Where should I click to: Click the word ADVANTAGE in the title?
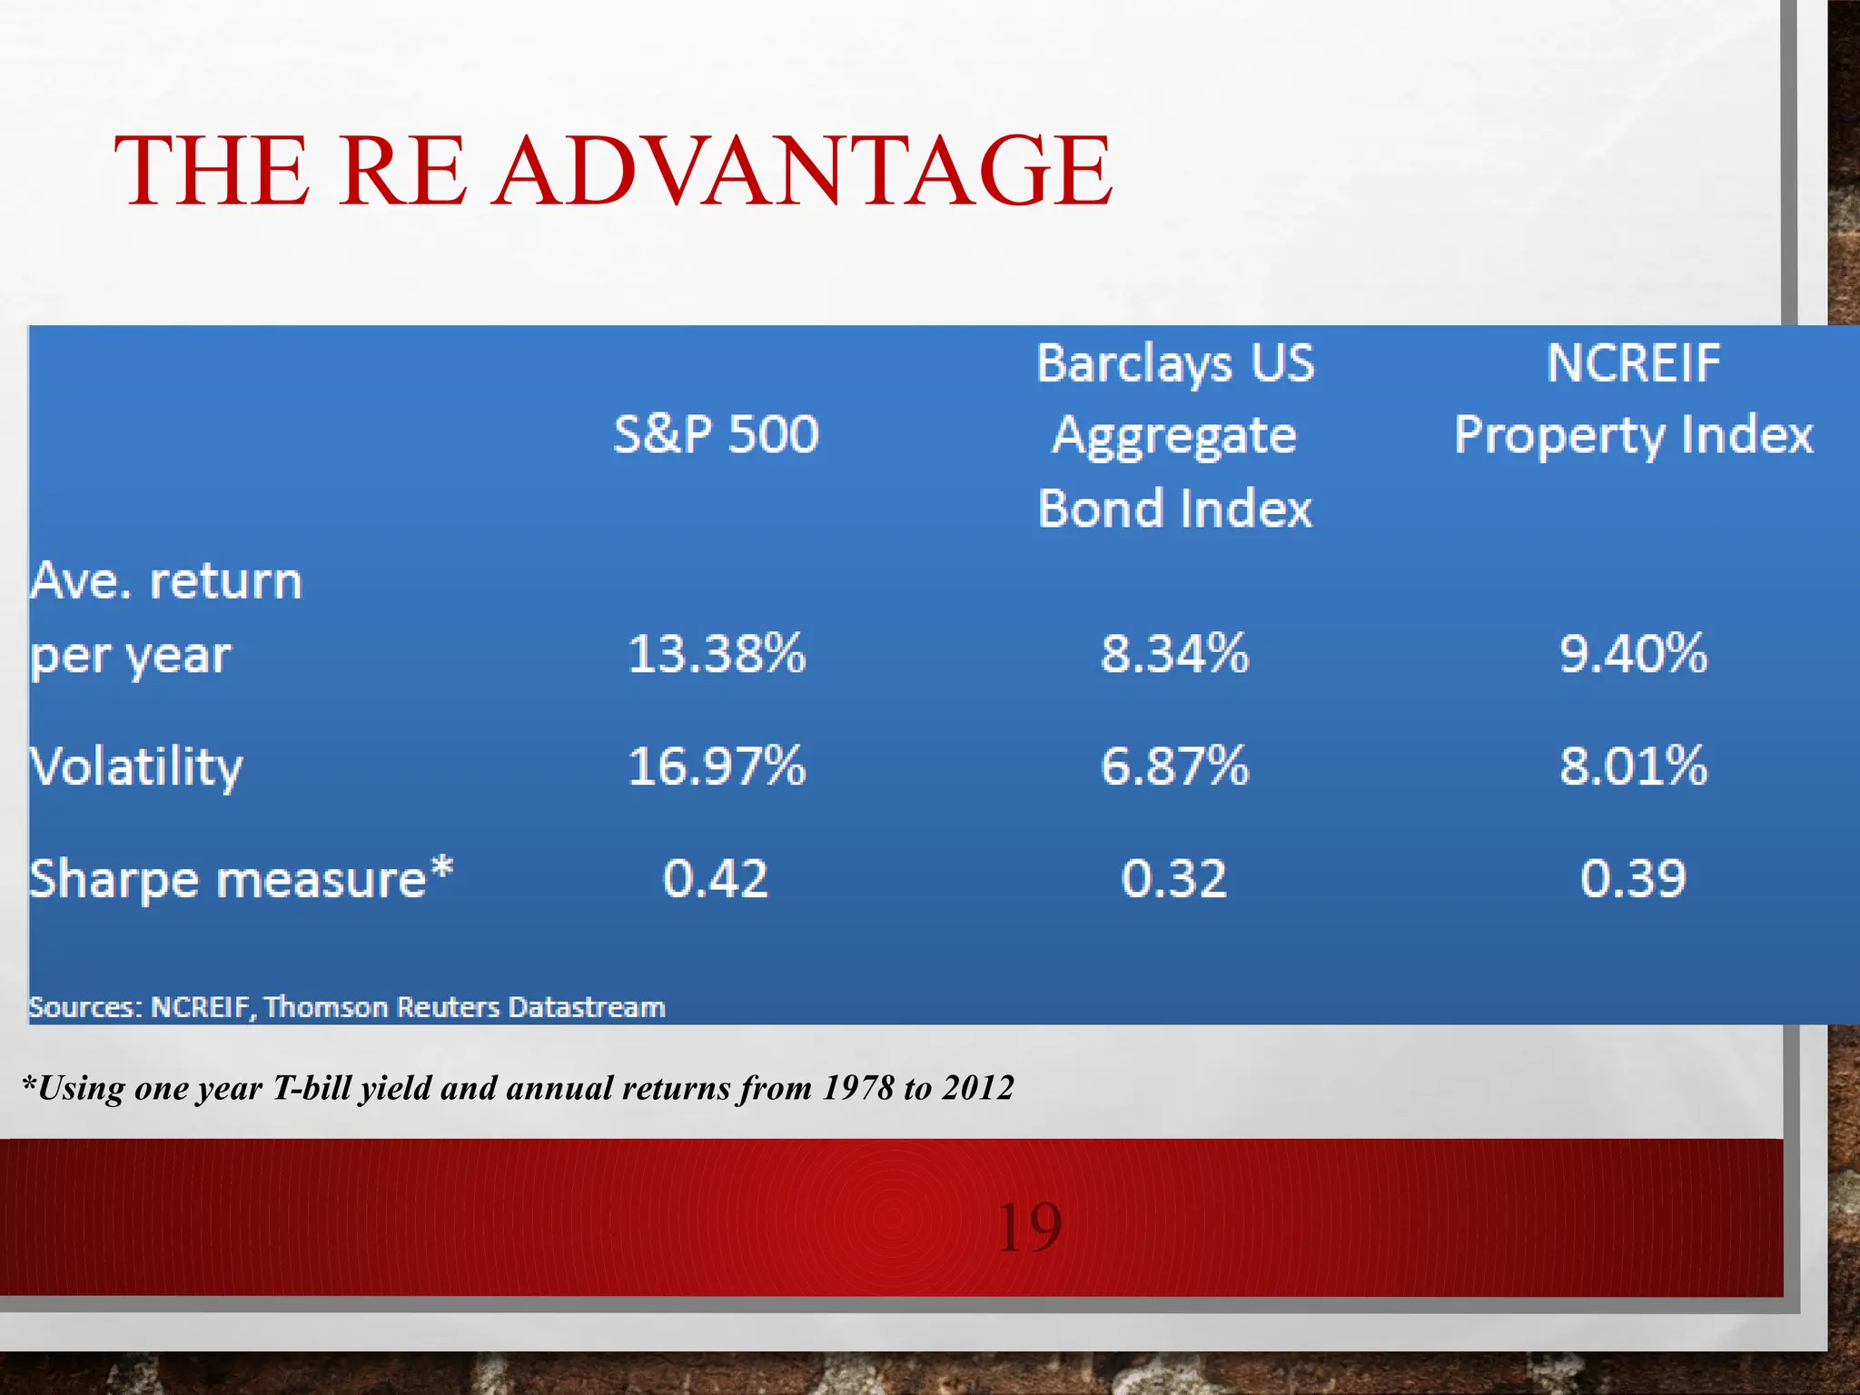click(x=804, y=171)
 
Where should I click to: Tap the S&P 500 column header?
click(x=716, y=434)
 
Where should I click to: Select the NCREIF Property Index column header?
click(x=1633, y=400)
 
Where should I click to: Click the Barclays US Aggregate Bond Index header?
click(x=1174, y=435)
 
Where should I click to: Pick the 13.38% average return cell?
click(x=716, y=654)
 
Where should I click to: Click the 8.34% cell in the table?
click(x=1174, y=654)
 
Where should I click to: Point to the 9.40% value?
click(x=1633, y=654)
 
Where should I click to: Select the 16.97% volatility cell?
click(x=716, y=766)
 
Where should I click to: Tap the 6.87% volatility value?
click(x=1174, y=766)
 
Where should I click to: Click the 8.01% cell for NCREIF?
click(x=1633, y=766)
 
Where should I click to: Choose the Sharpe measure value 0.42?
click(x=716, y=878)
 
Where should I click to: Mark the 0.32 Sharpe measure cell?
click(x=1174, y=878)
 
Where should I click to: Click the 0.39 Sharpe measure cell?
click(x=1633, y=878)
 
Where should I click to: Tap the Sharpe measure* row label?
click(x=241, y=879)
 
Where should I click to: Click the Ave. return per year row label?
click(x=163, y=618)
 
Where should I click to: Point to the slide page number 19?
click(x=1028, y=1228)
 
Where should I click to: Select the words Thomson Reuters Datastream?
click(x=464, y=1007)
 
